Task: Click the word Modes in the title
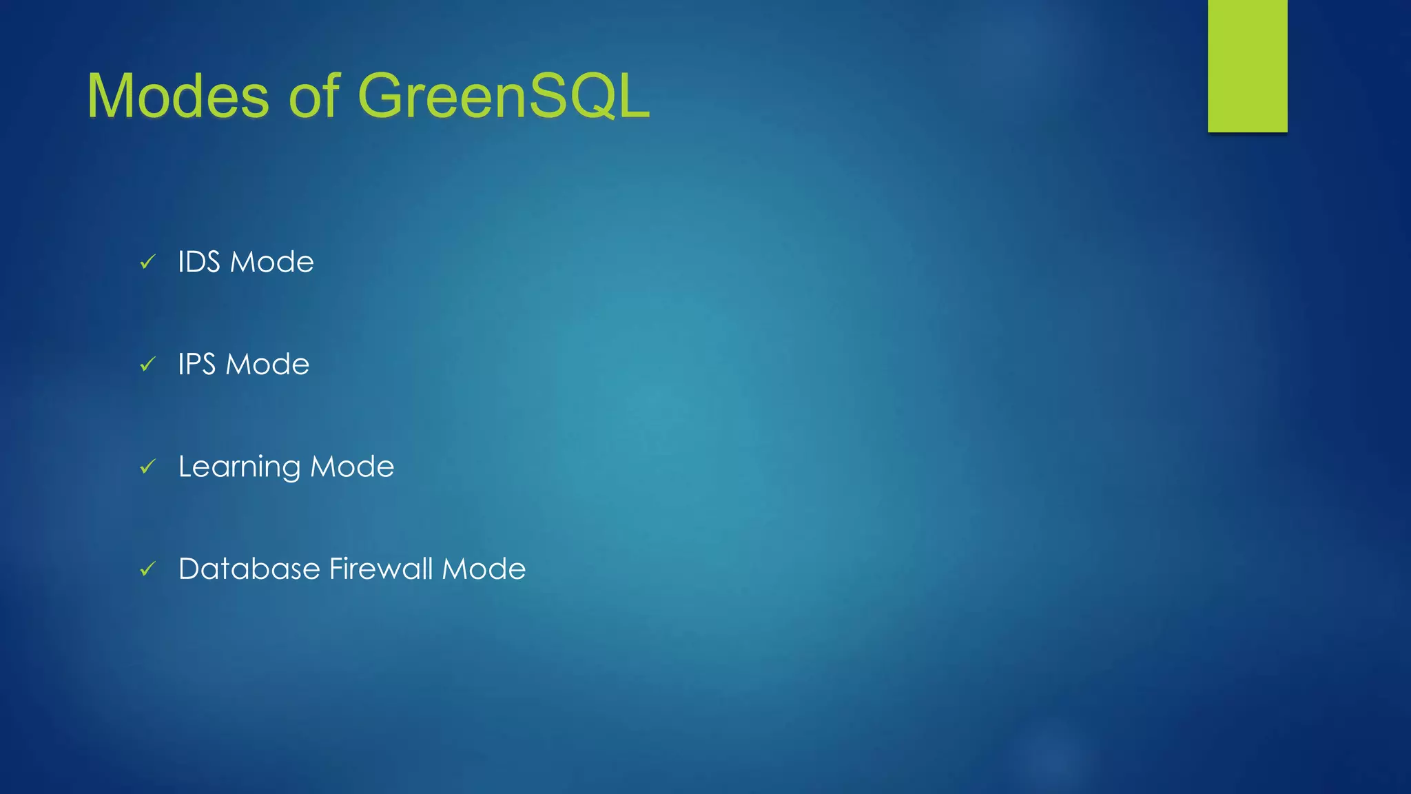[178, 96]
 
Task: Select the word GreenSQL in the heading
[503, 96]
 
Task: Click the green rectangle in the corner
[1247, 65]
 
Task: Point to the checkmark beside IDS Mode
[147, 262]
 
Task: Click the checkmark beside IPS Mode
[147, 364]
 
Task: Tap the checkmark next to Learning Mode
[147, 467]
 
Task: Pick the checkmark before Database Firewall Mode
[147, 569]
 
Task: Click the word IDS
[199, 262]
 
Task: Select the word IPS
[197, 364]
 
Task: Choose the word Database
[249, 569]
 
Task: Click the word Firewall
[381, 569]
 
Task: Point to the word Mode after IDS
[271, 262]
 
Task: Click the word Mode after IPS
[268, 364]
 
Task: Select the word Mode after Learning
[353, 467]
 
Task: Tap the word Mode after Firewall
[484, 569]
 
